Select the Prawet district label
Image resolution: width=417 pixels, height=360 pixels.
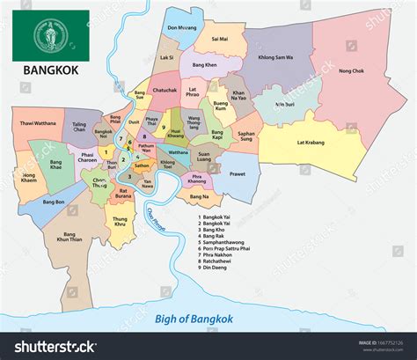[238, 173]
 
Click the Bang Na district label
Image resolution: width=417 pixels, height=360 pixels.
[200, 196]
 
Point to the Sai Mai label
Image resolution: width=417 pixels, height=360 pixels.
[219, 39]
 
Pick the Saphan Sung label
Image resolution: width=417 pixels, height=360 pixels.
[245, 136]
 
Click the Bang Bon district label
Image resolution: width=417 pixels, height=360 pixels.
[54, 202]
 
